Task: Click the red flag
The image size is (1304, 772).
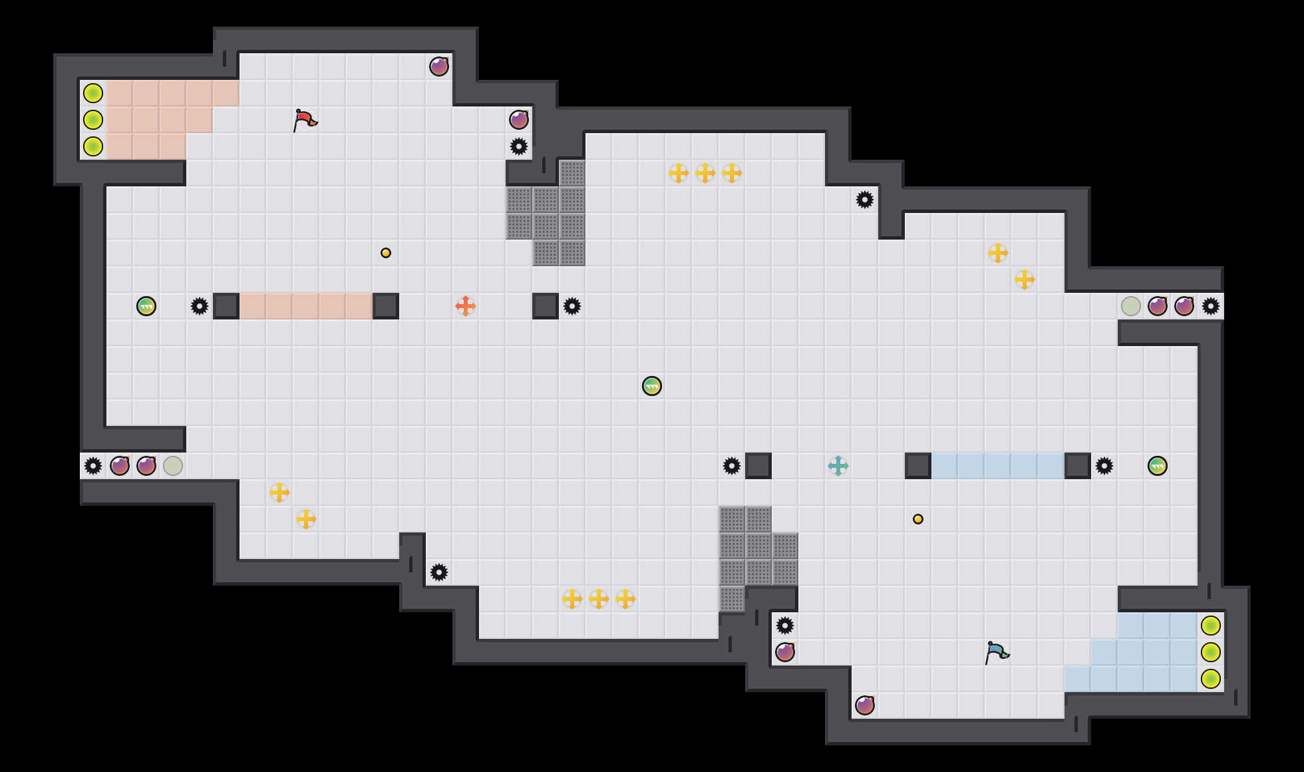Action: pos(305,120)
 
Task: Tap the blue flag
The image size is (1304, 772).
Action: pos(997,652)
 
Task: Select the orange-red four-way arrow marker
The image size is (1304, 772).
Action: pos(466,306)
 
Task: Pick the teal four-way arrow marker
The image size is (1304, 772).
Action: pos(838,466)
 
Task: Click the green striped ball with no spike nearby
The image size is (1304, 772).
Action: pos(652,386)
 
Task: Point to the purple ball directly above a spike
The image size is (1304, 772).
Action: pos(519,120)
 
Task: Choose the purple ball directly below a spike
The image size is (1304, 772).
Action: pos(785,652)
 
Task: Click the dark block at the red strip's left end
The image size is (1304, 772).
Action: pos(226,306)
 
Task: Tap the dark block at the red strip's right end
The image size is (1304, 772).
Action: pos(386,306)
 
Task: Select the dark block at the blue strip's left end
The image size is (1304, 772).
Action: pos(918,466)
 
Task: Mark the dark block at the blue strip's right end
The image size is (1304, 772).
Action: pos(1078,466)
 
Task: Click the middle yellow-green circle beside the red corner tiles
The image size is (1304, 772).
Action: pos(93,120)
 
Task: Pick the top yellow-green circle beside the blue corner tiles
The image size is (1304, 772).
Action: pos(1211,626)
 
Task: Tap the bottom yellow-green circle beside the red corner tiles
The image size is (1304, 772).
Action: pos(93,146)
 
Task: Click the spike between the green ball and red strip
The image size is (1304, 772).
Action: pos(200,306)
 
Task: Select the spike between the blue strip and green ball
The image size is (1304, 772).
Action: pos(1104,466)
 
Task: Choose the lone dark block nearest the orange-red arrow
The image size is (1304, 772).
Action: pos(546,306)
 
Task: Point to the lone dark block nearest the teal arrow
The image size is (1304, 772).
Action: pos(758,466)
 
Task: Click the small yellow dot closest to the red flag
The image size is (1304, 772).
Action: pos(386,253)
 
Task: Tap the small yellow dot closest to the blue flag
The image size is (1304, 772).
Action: pos(918,519)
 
